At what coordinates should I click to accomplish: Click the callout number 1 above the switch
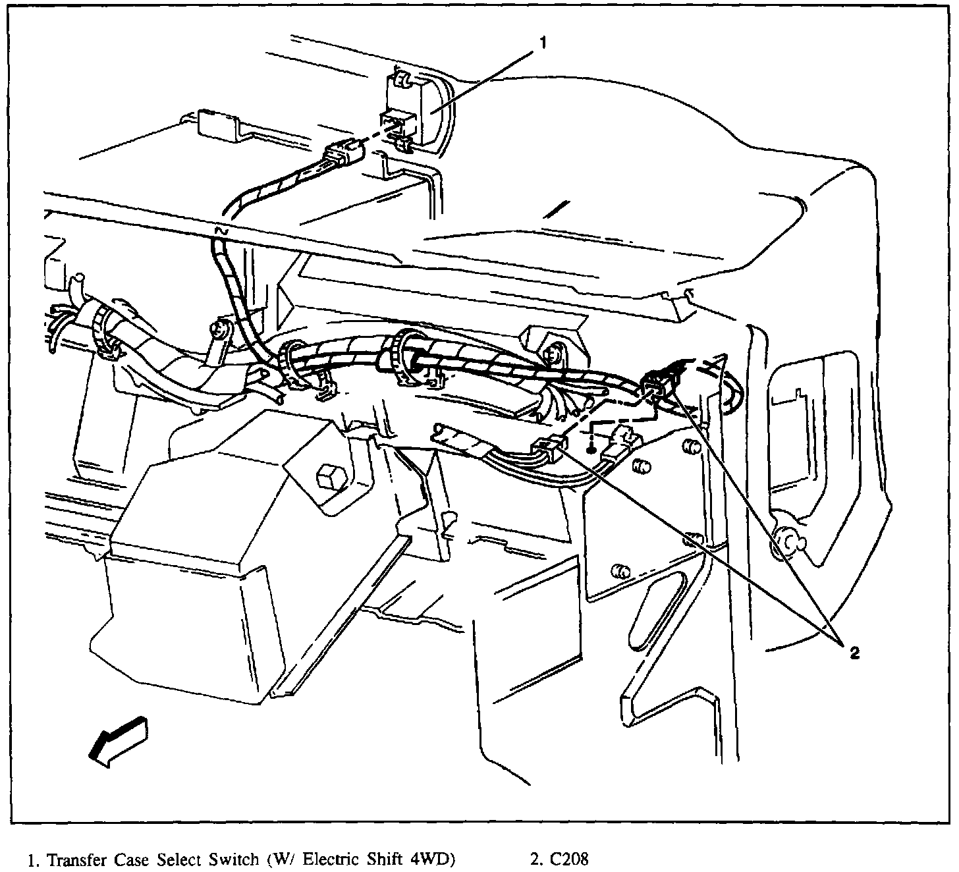click(x=543, y=43)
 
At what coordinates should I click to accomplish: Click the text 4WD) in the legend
click(x=432, y=859)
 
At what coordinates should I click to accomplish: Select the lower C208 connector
click(x=550, y=450)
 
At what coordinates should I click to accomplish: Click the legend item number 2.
click(x=533, y=859)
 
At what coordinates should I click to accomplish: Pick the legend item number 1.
click(x=30, y=859)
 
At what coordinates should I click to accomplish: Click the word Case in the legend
click(x=132, y=859)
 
